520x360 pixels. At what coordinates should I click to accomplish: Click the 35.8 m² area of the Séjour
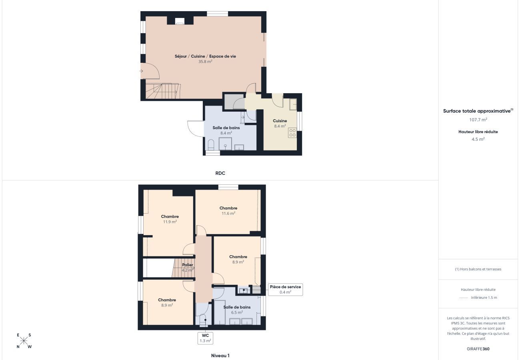[x=205, y=62]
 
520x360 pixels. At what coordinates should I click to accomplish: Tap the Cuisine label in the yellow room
[x=280, y=121]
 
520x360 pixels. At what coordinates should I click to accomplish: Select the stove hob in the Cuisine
[x=292, y=133]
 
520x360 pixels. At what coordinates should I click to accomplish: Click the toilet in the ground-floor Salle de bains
[x=211, y=144]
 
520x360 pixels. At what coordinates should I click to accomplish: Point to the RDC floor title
[x=220, y=173]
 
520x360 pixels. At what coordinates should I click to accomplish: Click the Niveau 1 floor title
[x=220, y=356]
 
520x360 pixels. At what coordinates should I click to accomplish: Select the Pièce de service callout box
[x=285, y=289]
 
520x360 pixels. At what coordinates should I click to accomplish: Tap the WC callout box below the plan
[x=205, y=338]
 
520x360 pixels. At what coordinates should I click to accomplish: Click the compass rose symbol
[x=24, y=341]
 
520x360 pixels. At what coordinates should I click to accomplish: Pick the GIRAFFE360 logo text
[x=478, y=349]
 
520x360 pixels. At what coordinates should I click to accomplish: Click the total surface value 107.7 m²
[x=478, y=120]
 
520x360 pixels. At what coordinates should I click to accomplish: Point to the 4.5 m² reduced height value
[x=478, y=139]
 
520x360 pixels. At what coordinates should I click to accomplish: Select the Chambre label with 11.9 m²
[x=170, y=217]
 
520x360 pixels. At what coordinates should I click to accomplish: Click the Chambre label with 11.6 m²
[x=228, y=208]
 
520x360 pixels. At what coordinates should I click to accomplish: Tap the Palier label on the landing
[x=188, y=265]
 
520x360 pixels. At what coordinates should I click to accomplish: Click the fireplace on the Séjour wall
[x=180, y=21]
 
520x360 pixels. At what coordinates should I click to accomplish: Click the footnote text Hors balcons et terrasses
[x=478, y=269]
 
